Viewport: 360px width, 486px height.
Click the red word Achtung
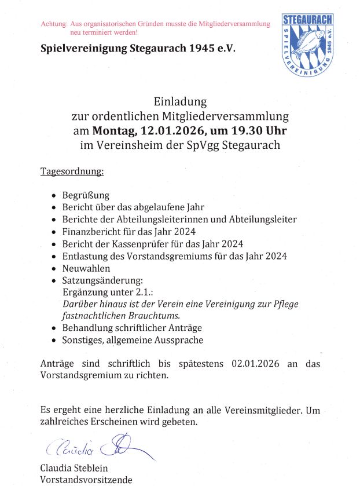(54, 24)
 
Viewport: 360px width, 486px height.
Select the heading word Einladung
(180, 103)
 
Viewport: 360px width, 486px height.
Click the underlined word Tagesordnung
(72, 172)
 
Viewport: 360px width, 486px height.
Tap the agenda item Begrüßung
(86, 195)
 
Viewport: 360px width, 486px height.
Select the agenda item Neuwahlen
(86, 268)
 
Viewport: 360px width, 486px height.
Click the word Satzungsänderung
(102, 280)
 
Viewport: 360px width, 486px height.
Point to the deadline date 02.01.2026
(255, 364)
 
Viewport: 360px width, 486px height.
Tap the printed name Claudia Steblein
(74, 468)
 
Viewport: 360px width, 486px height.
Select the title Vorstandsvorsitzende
(86, 480)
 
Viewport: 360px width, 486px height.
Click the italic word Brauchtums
(153, 316)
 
